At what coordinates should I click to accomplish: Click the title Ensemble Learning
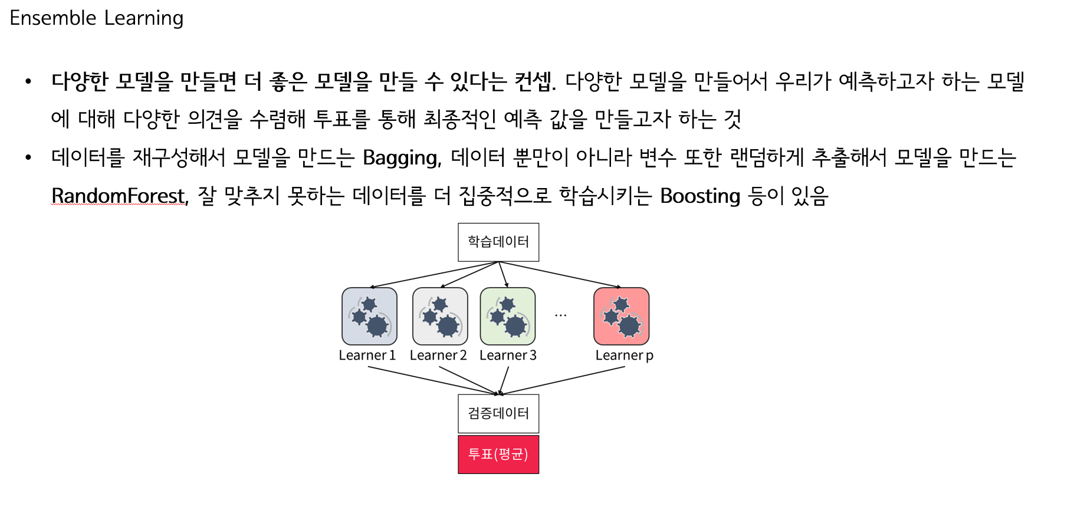pyautogui.click(x=97, y=18)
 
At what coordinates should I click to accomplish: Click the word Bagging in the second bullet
pyautogui.click(x=402, y=158)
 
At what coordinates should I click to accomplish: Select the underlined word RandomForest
pyautogui.click(x=119, y=195)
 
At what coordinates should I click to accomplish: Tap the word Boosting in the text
pyautogui.click(x=700, y=196)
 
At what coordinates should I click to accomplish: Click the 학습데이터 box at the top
pyautogui.click(x=498, y=242)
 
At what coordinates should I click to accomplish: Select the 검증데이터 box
pyautogui.click(x=498, y=413)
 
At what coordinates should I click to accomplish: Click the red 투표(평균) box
pyautogui.click(x=498, y=454)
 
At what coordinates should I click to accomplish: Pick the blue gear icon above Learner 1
pyautogui.click(x=369, y=316)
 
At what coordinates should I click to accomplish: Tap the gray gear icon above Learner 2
pyautogui.click(x=440, y=316)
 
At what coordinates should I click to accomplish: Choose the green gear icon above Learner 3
pyautogui.click(x=508, y=316)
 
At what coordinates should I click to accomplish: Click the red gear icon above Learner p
pyautogui.click(x=622, y=316)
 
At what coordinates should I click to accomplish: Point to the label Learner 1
pyautogui.click(x=367, y=355)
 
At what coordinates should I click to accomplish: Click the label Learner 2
pyautogui.click(x=438, y=355)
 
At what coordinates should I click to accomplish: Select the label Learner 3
pyautogui.click(x=508, y=355)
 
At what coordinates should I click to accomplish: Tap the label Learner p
pyautogui.click(x=624, y=355)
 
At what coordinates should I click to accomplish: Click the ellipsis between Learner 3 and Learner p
pyautogui.click(x=560, y=316)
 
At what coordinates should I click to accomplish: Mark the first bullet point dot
pyautogui.click(x=28, y=81)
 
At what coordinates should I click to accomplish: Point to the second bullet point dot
pyautogui.click(x=28, y=157)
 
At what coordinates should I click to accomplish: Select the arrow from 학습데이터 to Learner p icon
pyautogui.click(x=560, y=275)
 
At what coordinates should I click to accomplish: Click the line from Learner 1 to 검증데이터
pyautogui.click(x=433, y=381)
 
